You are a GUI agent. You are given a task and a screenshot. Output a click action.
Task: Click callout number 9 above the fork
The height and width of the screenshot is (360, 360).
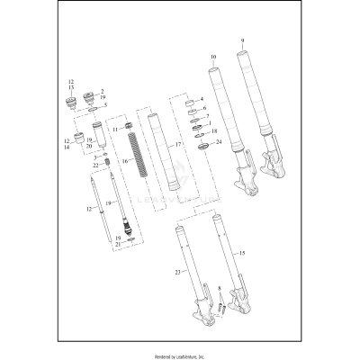[x=242, y=41]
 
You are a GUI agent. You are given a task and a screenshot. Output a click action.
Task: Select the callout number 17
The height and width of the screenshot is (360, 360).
[x=178, y=145]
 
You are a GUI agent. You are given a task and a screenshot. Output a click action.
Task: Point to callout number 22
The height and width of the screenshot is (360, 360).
[x=94, y=165]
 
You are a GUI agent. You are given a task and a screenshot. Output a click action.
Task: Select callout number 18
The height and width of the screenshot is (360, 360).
[x=213, y=131]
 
